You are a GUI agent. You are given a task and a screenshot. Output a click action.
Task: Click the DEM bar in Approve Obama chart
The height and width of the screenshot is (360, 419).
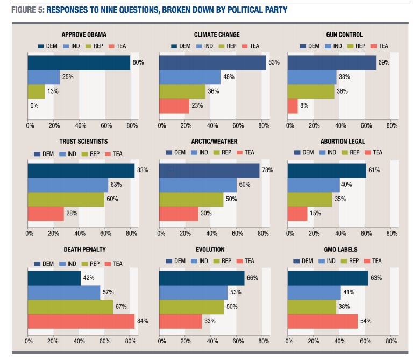pyautogui.click(x=79, y=63)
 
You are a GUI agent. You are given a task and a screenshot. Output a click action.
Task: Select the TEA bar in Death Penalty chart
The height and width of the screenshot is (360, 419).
pyautogui.click(x=81, y=321)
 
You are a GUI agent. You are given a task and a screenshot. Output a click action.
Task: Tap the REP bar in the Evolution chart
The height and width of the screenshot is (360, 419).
pyautogui.click(x=191, y=307)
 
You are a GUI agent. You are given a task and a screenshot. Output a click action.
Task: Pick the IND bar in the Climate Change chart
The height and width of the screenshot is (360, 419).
pyautogui.click(x=190, y=77)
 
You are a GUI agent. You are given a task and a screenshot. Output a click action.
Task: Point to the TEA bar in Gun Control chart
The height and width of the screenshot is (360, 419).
pyautogui.click(x=293, y=106)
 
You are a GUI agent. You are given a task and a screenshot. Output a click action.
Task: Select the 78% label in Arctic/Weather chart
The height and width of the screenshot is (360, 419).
pyautogui.click(x=267, y=171)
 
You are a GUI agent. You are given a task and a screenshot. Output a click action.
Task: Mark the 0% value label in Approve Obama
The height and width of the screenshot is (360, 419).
pyautogui.click(x=34, y=106)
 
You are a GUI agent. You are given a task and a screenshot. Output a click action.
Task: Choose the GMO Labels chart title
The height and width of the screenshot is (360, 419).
pyautogui.click(x=343, y=250)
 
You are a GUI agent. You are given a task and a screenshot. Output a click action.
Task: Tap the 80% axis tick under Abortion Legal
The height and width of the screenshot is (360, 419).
pyautogui.click(x=392, y=233)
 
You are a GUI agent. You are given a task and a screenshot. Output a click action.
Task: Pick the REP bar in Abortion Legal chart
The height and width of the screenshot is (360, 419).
pyautogui.click(x=310, y=199)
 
